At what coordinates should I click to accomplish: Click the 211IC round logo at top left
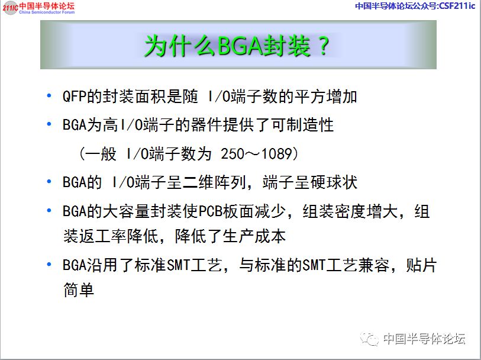pyautogui.click(x=10, y=8)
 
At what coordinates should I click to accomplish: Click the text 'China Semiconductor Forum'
pyautogui.click(x=47, y=12)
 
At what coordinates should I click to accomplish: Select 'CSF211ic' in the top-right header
pyautogui.click(x=457, y=6)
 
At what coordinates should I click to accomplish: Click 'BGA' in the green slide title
pyautogui.click(x=239, y=46)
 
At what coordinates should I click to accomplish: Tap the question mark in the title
pyautogui.click(x=323, y=46)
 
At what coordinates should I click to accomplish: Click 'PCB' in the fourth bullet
pyautogui.click(x=211, y=211)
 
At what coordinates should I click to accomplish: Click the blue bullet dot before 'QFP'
pyautogui.click(x=49, y=96)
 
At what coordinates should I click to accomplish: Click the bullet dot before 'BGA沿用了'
pyautogui.click(x=49, y=264)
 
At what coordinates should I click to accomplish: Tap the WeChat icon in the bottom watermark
pyautogui.click(x=370, y=339)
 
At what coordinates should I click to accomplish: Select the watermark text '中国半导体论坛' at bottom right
pyautogui.click(x=424, y=339)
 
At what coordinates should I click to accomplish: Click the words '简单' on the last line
pyautogui.click(x=79, y=290)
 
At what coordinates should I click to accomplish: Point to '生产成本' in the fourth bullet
pyautogui.click(x=254, y=236)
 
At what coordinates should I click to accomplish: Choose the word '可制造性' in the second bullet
pyautogui.click(x=302, y=125)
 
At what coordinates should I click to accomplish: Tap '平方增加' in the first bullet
pyautogui.click(x=326, y=97)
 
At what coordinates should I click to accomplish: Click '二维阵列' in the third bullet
pyautogui.click(x=214, y=182)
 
